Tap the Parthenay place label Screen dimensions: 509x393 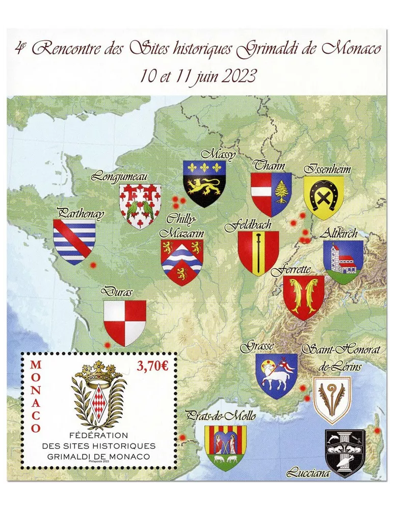pyautogui.click(x=81, y=214)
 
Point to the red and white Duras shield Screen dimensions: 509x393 pyautogui.click(x=124, y=323)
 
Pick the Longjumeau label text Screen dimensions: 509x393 pyautogui.click(x=120, y=177)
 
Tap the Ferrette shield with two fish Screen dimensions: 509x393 pyautogui.click(x=304, y=297)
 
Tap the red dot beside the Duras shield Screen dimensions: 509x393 pyautogui.click(x=107, y=345)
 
